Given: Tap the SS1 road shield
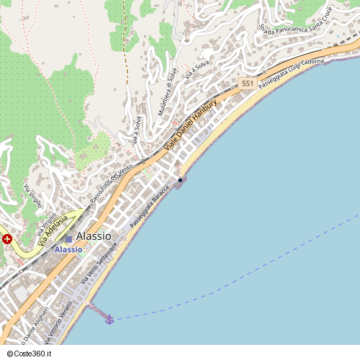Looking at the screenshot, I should click(x=247, y=84).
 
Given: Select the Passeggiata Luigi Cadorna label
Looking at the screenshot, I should click(x=293, y=75).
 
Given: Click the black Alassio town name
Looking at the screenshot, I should click(x=94, y=235).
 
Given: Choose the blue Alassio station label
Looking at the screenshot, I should click(x=68, y=249).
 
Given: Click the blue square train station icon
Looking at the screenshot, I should click(x=68, y=238).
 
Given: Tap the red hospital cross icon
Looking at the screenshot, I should click(x=7, y=239).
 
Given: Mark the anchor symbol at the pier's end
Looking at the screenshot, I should click(x=109, y=320).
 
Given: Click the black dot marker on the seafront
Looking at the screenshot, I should click(x=179, y=180).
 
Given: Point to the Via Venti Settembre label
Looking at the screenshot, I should click(x=100, y=265).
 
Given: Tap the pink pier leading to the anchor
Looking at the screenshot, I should click(x=97, y=310).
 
